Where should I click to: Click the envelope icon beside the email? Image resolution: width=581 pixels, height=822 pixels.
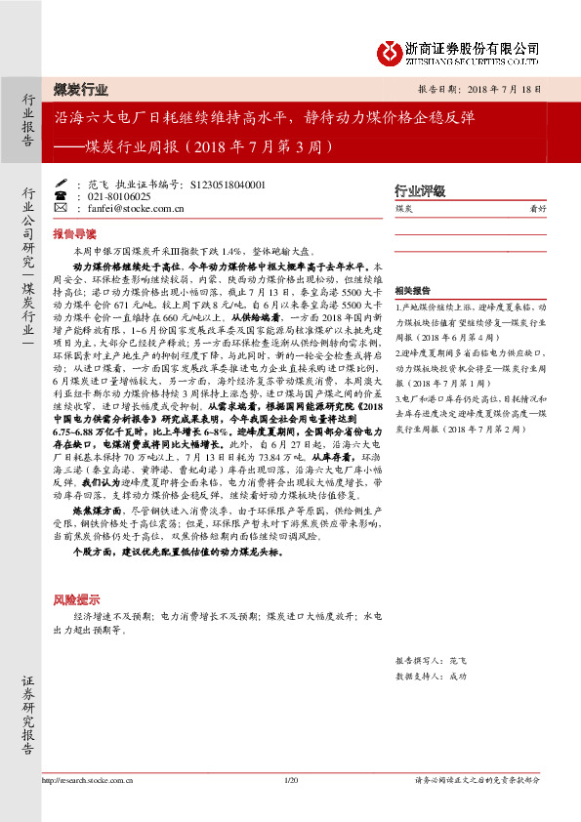click(78, 208)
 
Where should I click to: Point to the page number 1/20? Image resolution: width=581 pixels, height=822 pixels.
click(289, 780)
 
